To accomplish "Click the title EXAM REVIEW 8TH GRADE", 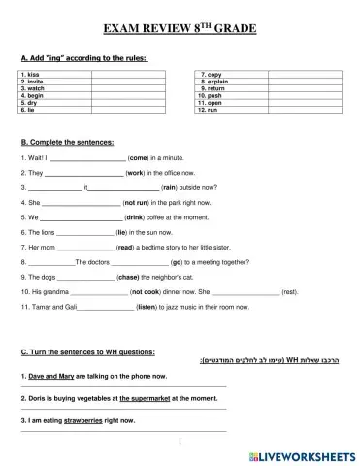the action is click(x=180, y=29).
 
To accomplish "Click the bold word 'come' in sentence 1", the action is click(x=138, y=156).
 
